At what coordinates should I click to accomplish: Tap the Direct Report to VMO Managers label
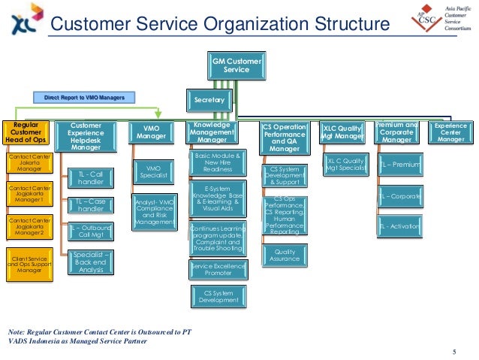pos(83,97)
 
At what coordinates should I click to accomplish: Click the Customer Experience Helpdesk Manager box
pos(91,137)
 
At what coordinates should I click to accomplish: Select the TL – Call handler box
pos(91,178)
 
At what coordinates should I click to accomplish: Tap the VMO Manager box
pos(152,133)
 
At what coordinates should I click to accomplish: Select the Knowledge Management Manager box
pos(211,132)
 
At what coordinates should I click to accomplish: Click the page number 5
pos(453,352)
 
